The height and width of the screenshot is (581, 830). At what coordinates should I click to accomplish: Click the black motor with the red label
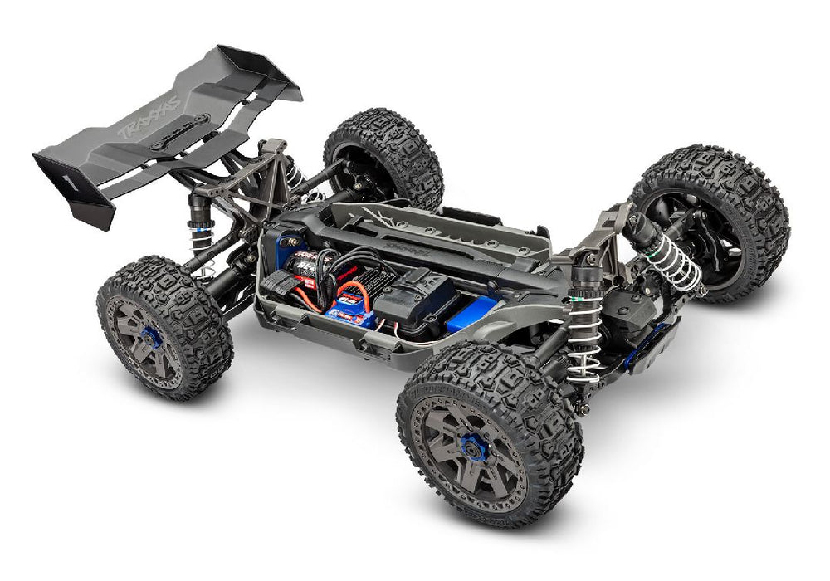[304, 264]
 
